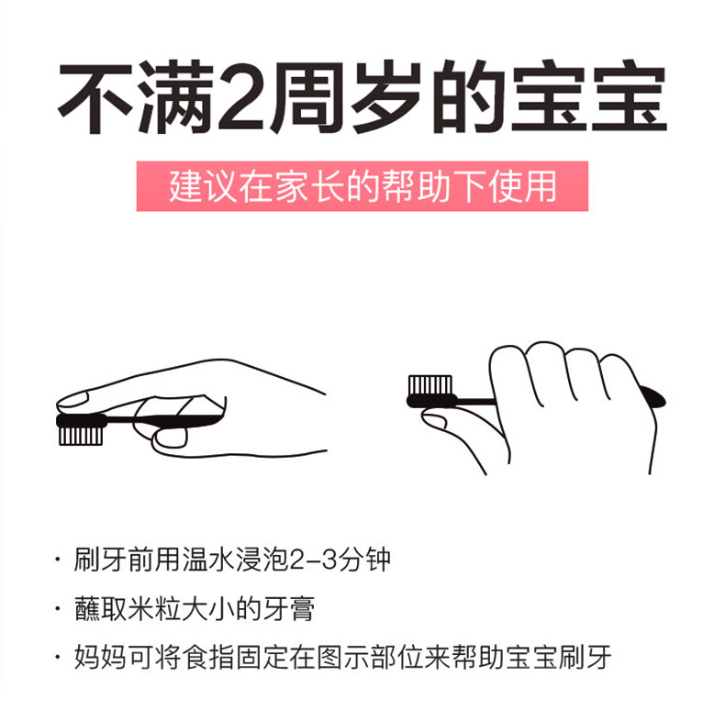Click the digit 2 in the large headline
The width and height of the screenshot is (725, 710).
point(242,97)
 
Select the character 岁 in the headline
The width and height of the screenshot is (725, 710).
point(386,97)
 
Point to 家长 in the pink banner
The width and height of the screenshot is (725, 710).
point(309,187)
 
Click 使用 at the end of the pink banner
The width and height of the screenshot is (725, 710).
point(522,187)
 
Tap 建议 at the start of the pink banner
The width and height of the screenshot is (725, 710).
point(203,187)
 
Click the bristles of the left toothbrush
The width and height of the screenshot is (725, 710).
point(81,436)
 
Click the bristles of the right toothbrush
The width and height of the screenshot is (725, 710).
point(430,385)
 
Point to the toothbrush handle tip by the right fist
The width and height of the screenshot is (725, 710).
point(655,398)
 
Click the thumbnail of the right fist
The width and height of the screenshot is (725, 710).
point(434,421)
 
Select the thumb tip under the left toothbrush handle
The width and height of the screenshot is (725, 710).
point(170,438)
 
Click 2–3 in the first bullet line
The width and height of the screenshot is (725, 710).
point(313,560)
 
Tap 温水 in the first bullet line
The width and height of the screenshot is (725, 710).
point(208,560)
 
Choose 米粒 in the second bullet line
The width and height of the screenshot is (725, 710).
point(154,609)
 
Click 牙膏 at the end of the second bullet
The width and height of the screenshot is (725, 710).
point(289,609)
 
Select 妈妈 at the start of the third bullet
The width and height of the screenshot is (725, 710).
point(101,658)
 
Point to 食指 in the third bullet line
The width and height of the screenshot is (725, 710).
point(208,658)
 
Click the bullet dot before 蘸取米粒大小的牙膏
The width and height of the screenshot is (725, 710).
point(58,609)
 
